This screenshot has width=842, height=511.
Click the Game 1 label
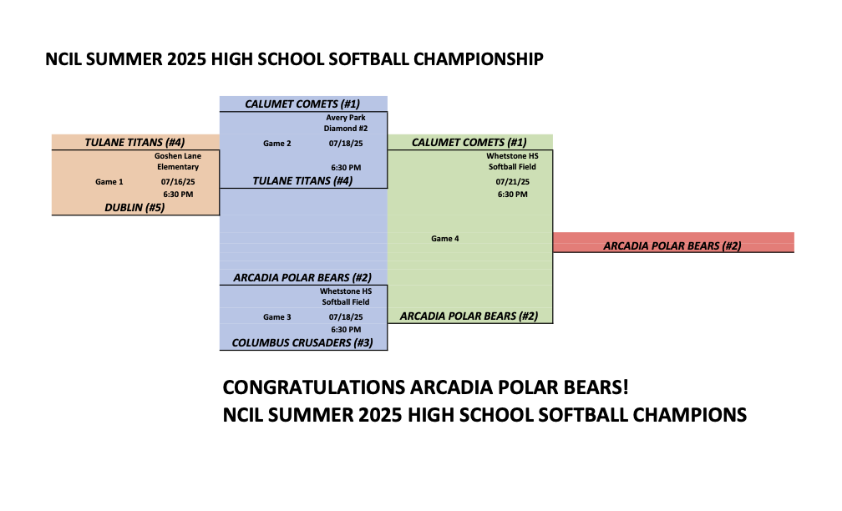coord(109,181)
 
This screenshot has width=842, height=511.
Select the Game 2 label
coord(277,144)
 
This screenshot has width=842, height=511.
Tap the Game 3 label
coord(277,316)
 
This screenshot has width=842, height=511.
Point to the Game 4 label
coord(445,238)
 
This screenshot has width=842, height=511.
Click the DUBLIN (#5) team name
coord(134,207)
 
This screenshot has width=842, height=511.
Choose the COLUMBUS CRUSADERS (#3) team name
coord(302,342)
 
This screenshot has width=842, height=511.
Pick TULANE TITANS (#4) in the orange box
coord(134,142)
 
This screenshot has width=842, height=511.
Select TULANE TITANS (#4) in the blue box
coord(303,181)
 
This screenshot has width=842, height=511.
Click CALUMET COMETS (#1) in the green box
coord(469,142)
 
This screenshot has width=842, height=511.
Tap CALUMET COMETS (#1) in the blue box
coord(302,104)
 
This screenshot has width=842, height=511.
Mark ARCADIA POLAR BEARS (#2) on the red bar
coord(672,245)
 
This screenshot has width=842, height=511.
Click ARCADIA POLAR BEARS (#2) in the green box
coord(469,316)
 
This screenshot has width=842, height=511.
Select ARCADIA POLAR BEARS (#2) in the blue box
coord(302,277)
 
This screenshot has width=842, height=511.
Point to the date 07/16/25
coord(178,182)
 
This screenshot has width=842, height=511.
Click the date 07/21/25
coord(512,182)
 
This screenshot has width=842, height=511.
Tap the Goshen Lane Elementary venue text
coord(178,161)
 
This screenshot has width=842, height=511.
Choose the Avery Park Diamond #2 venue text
coord(346,123)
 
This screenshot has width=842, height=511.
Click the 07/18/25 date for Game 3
coord(346,316)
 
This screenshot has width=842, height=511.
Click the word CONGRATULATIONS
coord(313,387)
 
